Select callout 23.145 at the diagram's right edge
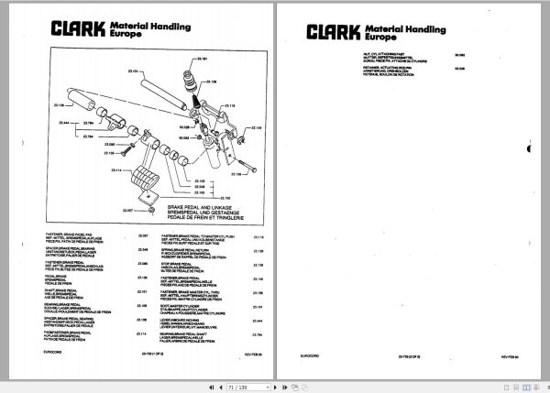coord(257,126)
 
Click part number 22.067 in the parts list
coord(142,236)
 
